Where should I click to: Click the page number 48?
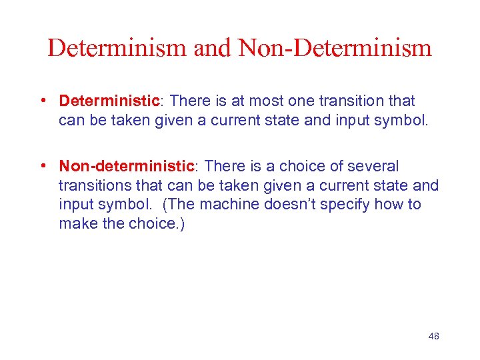pos(433,336)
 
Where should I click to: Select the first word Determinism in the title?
pos(117,48)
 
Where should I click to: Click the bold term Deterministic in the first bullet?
pos(109,101)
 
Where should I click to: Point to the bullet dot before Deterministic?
pos(42,101)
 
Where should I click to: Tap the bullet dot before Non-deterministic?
pos(42,165)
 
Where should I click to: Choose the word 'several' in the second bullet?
pos(372,165)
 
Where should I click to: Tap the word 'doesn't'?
pos(294,204)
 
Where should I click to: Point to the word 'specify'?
pos(348,204)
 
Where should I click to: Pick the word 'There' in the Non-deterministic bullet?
pos(225,165)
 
